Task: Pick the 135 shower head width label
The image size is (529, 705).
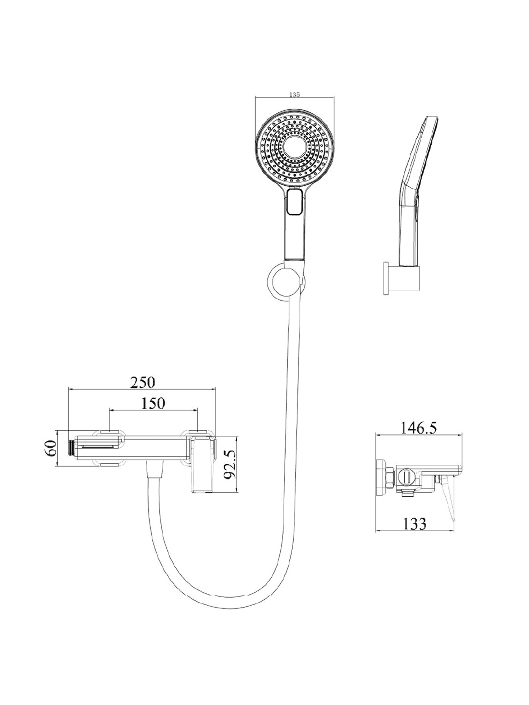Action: click(x=294, y=95)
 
